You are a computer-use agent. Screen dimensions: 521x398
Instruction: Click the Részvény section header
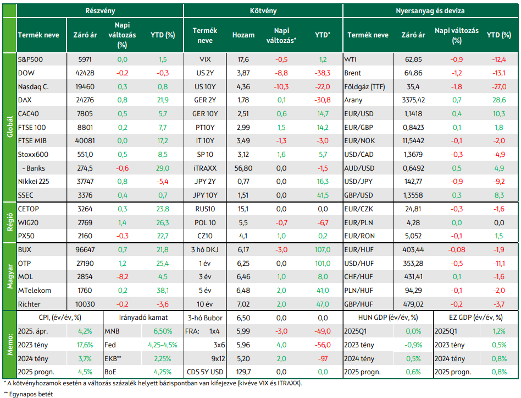[100, 10]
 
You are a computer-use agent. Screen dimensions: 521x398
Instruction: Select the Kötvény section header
[263, 10]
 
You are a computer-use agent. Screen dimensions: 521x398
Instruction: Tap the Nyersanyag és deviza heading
[430, 10]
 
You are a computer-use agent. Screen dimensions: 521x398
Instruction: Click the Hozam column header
[243, 35]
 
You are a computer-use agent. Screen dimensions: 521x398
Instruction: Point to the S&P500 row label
[30, 59]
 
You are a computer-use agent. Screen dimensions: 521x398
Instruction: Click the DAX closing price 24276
[85, 100]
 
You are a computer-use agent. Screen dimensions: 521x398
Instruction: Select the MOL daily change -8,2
[122, 276]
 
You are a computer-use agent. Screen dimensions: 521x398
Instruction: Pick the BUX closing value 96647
[85, 249]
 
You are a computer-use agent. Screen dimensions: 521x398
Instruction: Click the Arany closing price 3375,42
[413, 100]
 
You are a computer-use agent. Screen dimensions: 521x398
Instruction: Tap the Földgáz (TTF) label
[364, 87]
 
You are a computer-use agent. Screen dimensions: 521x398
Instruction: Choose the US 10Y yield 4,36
[243, 87]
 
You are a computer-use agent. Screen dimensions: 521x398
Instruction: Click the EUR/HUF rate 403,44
[413, 249]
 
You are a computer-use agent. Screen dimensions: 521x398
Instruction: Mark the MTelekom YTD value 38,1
[163, 291]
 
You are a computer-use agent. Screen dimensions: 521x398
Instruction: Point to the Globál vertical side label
[10, 127]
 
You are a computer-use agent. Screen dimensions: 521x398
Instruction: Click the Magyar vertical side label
[10, 276]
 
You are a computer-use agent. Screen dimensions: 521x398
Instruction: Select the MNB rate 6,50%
[163, 331]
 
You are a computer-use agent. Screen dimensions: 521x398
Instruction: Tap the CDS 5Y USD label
[205, 372]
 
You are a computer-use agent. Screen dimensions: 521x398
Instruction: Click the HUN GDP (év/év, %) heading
[388, 318]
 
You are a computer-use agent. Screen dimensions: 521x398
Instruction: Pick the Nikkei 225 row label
[34, 181]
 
